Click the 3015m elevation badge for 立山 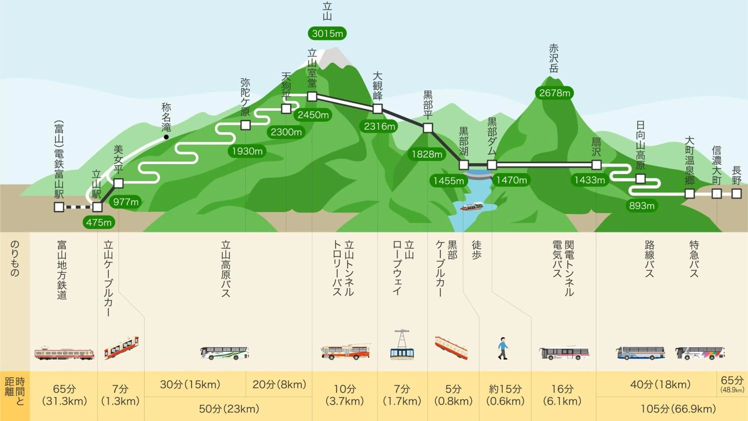coord(327,33)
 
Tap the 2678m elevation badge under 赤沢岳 coord(554,93)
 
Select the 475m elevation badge coord(99,222)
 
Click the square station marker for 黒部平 coord(428,128)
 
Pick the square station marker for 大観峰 coord(377,109)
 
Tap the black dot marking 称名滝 coord(166,137)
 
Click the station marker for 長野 coord(736,194)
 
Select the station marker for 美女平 coord(118,183)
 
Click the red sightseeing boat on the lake coord(472,206)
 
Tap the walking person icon coord(503,348)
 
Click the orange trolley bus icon coord(346,352)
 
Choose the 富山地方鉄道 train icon coord(64,353)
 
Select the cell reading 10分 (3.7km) coord(345,395)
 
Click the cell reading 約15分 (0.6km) coord(505,395)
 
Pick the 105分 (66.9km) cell coord(678,409)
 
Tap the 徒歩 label coord(476,250)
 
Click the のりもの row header coord(14,259)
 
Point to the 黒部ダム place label coord(492,136)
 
